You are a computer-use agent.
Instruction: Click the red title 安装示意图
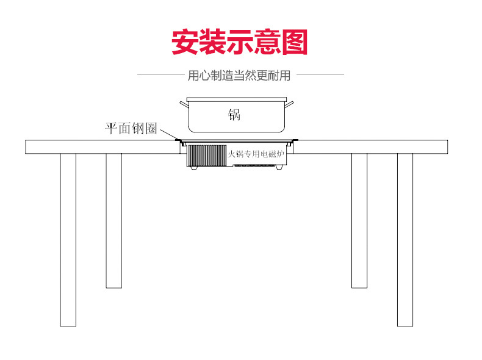(x=239, y=42)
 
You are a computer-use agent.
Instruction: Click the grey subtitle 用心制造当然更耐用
(x=239, y=75)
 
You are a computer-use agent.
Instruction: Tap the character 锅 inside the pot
(x=234, y=115)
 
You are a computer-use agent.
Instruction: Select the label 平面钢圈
(x=131, y=129)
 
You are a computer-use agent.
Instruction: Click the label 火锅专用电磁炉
(x=256, y=154)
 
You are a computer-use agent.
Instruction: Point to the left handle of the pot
(x=184, y=104)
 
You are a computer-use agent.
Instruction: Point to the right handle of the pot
(x=289, y=104)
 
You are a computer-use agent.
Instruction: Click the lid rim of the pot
(x=236, y=99)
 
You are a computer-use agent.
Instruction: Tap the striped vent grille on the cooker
(x=207, y=156)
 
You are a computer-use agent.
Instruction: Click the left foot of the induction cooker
(x=193, y=168)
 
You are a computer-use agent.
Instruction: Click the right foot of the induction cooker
(x=278, y=168)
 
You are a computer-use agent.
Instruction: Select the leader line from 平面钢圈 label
(x=169, y=134)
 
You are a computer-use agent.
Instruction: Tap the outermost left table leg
(x=68, y=240)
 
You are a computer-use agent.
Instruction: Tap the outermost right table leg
(x=405, y=240)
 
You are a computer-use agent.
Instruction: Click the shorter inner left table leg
(x=113, y=221)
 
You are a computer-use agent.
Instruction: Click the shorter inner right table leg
(x=359, y=221)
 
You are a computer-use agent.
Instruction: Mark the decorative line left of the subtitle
(x=160, y=74)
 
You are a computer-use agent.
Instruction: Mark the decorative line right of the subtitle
(x=320, y=74)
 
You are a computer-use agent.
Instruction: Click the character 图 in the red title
(x=295, y=42)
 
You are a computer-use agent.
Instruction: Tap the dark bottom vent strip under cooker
(x=254, y=166)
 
